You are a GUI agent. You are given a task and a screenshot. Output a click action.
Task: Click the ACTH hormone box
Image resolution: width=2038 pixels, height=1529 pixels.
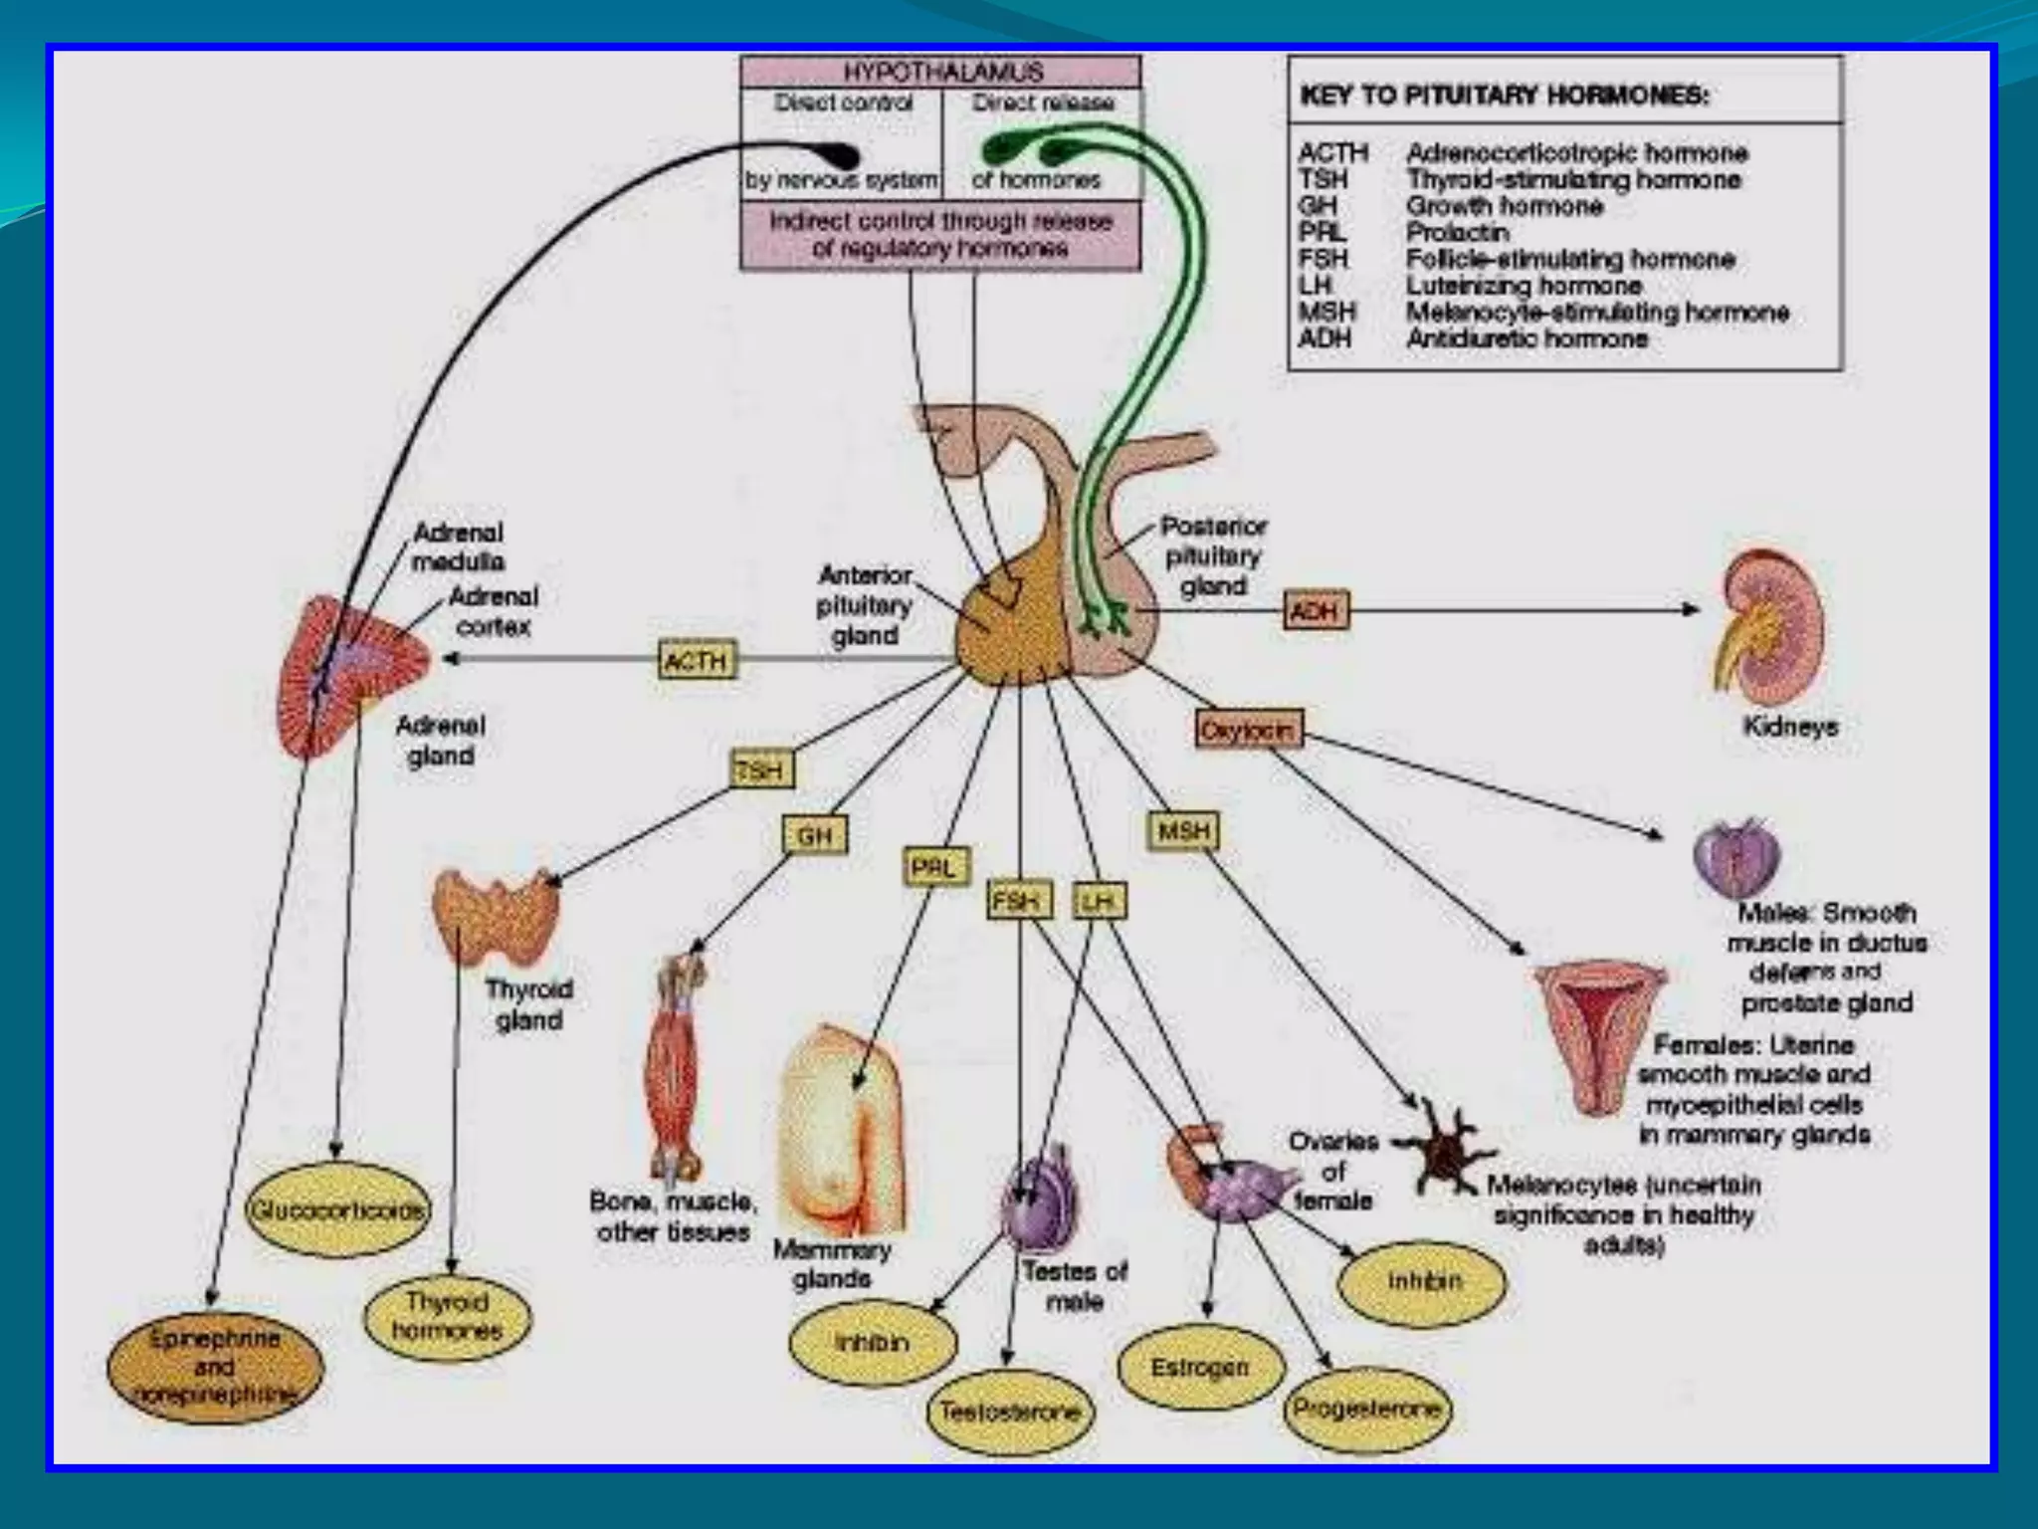(697, 661)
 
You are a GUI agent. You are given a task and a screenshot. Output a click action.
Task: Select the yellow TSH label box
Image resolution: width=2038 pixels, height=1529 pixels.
(762, 769)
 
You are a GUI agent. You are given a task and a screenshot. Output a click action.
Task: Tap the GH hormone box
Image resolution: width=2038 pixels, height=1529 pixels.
(815, 835)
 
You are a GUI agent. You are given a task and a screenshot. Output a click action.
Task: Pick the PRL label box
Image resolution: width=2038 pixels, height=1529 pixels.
(934, 868)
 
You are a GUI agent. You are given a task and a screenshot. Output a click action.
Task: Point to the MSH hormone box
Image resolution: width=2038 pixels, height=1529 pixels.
(1183, 830)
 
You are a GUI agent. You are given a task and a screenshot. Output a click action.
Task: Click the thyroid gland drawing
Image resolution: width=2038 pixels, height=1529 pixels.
(496, 911)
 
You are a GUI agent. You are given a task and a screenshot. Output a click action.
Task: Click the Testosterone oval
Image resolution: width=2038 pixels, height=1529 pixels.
(1009, 1412)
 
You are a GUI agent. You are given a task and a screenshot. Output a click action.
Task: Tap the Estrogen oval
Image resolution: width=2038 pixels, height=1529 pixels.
(1198, 1368)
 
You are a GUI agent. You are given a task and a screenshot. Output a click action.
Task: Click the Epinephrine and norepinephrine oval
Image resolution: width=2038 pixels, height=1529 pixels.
(215, 1367)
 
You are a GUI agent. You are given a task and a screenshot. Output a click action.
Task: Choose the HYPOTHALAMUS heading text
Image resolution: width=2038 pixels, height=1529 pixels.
(941, 73)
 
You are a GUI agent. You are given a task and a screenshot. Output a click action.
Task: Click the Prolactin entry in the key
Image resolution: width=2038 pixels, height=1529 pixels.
(1457, 233)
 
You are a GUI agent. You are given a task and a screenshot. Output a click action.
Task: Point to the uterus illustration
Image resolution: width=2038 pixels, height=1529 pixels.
(1599, 1035)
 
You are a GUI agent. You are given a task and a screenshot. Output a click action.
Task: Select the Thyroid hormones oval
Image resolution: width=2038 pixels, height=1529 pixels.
(447, 1316)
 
